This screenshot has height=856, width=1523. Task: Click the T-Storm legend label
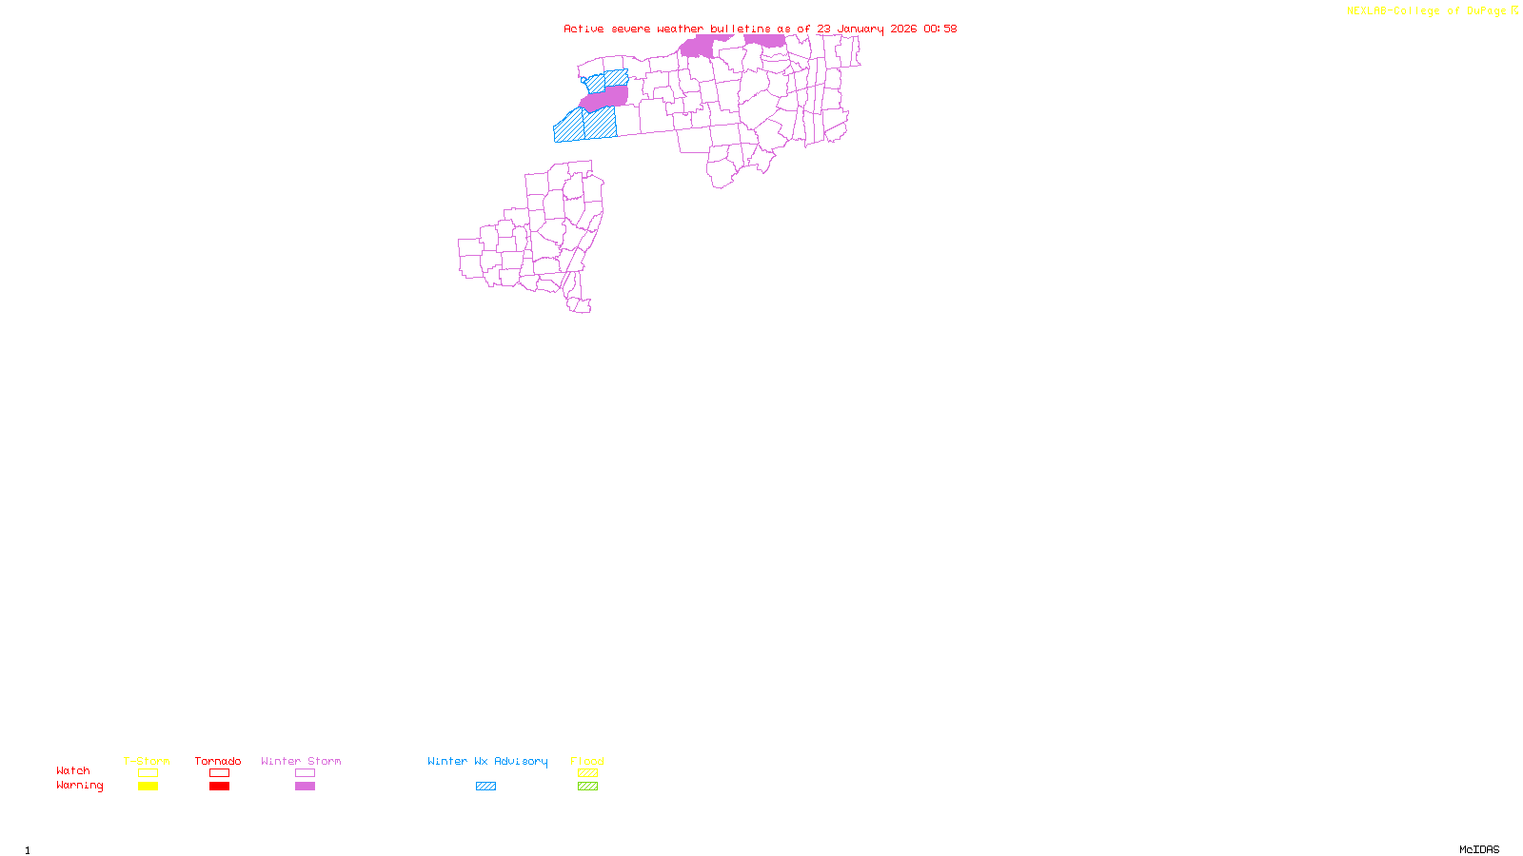[147, 761]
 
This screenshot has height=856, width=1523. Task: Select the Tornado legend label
[218, 761]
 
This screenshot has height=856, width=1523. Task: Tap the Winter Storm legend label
[301, 761]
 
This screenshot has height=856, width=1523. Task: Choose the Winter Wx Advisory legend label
[487, 761]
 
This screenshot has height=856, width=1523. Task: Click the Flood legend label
[587, 761]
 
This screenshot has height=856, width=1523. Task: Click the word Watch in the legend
[73, 770]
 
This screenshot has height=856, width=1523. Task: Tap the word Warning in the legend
[79, 786]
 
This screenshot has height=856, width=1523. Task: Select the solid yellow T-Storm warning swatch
[148, 787]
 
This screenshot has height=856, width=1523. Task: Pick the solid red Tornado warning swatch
[219, 787]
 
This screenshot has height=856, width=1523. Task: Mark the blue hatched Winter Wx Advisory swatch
[485, 787]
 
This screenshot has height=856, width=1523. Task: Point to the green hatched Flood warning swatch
[587, 787]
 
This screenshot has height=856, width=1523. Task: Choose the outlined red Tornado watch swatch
[219, 773]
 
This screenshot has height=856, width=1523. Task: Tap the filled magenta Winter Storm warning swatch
[305, 787]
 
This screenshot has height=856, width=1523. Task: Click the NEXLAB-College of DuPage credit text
[1427, 11]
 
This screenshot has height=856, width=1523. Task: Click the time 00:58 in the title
[940, 29]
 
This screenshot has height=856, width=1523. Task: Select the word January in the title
[860, 29]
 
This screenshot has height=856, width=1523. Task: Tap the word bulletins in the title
[741, 29]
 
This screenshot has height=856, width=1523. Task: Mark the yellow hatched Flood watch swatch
[587, 773]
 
